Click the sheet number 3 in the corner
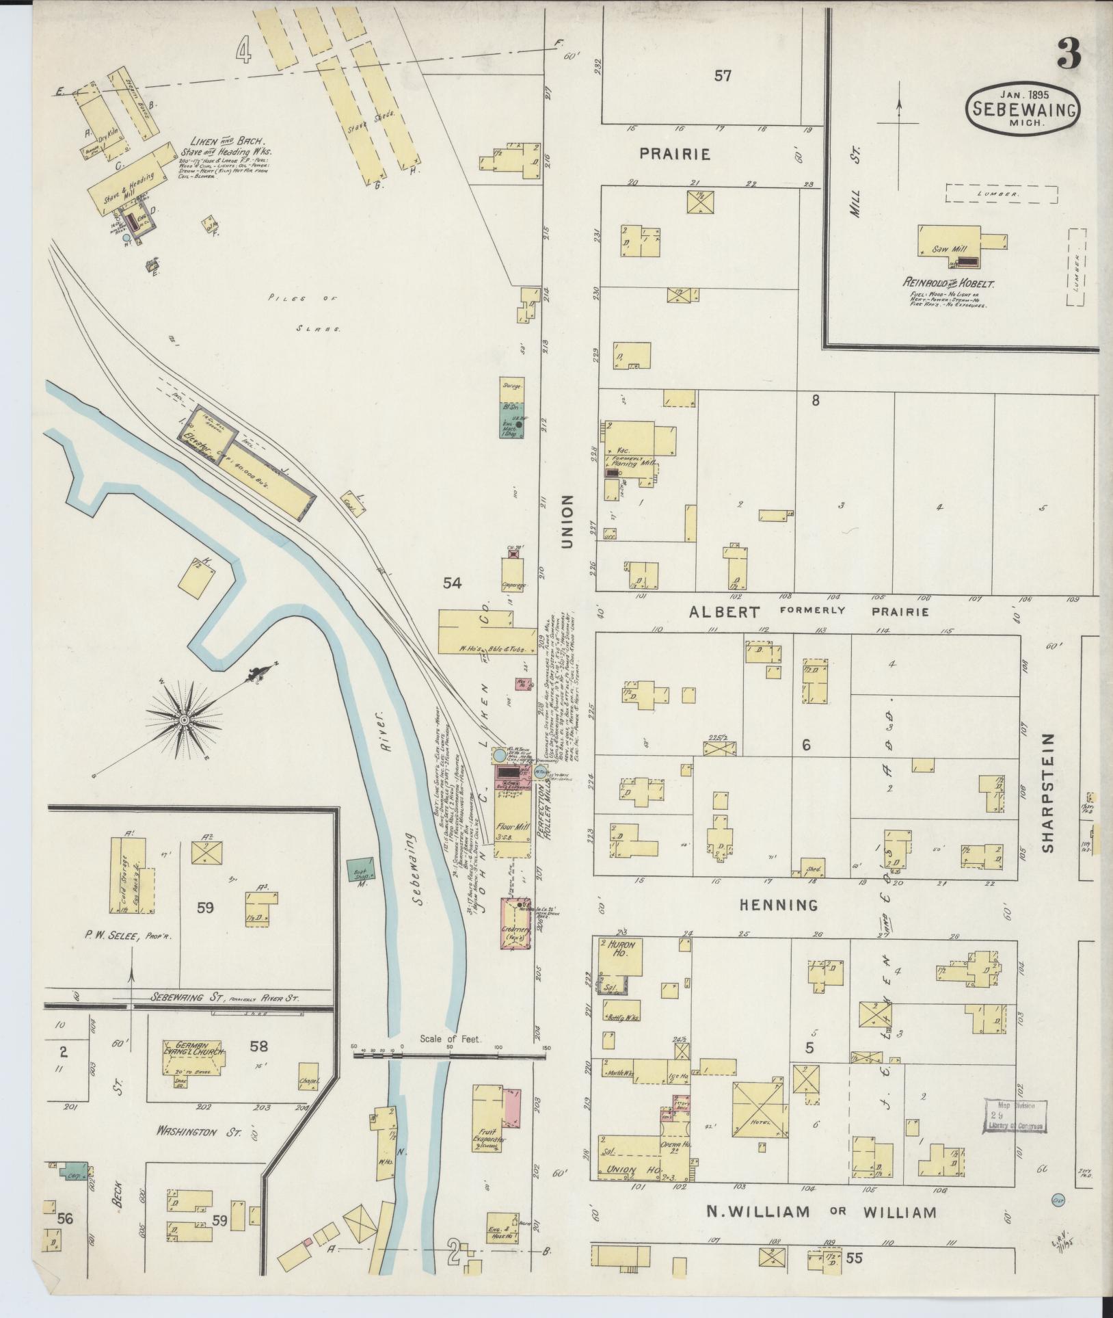pyautogui.click(x=1069, y=53)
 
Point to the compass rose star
pyautogui.click(x=184, y=721)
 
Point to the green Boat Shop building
pyautogui.click(x=360, y=869)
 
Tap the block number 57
pyautogui.click(x=723, y=76)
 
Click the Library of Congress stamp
pyautogui.click(x=1015, y=1117)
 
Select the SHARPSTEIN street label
pyautogui.click(x=1048, y=793)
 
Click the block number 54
pyautogui.click(x=452, y=583)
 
